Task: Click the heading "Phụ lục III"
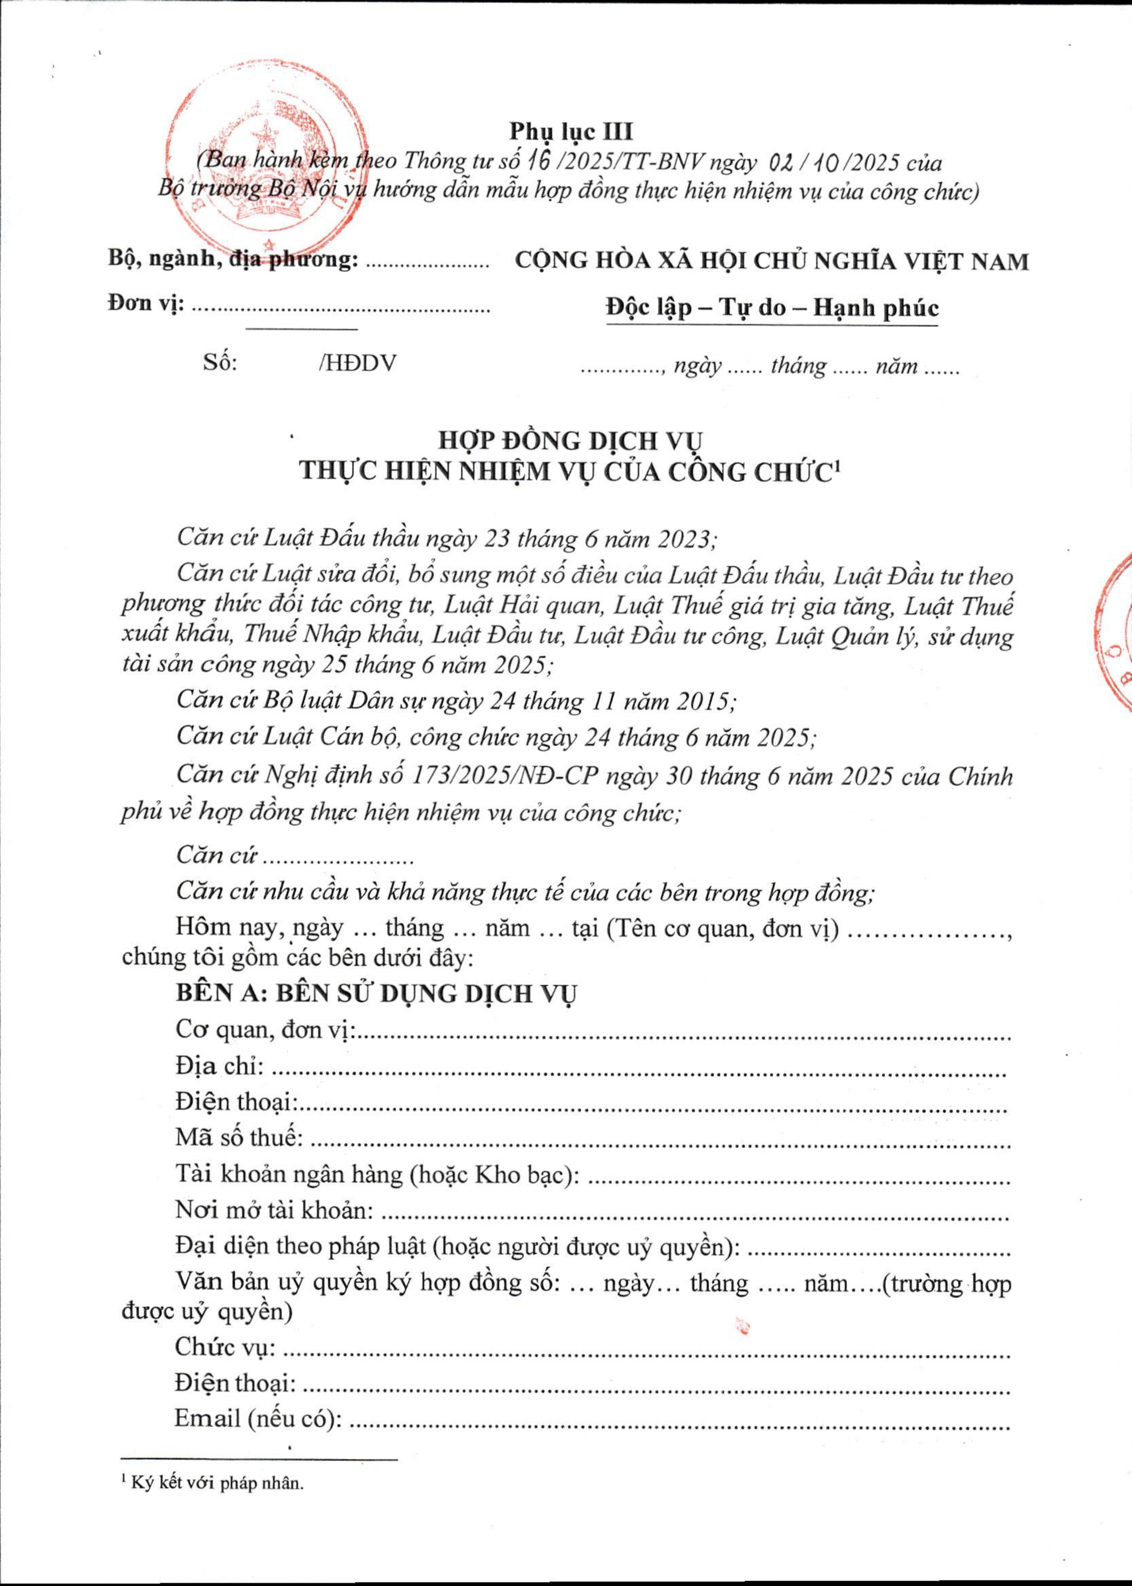pos(570,131)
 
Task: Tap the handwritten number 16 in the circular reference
pos(536,162)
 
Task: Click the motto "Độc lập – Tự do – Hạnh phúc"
pos(771,307)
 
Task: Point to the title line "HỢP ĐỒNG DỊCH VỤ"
pos(570,441)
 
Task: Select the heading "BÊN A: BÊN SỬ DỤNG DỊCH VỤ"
pos(376,993)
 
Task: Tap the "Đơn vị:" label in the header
pos(145,304)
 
